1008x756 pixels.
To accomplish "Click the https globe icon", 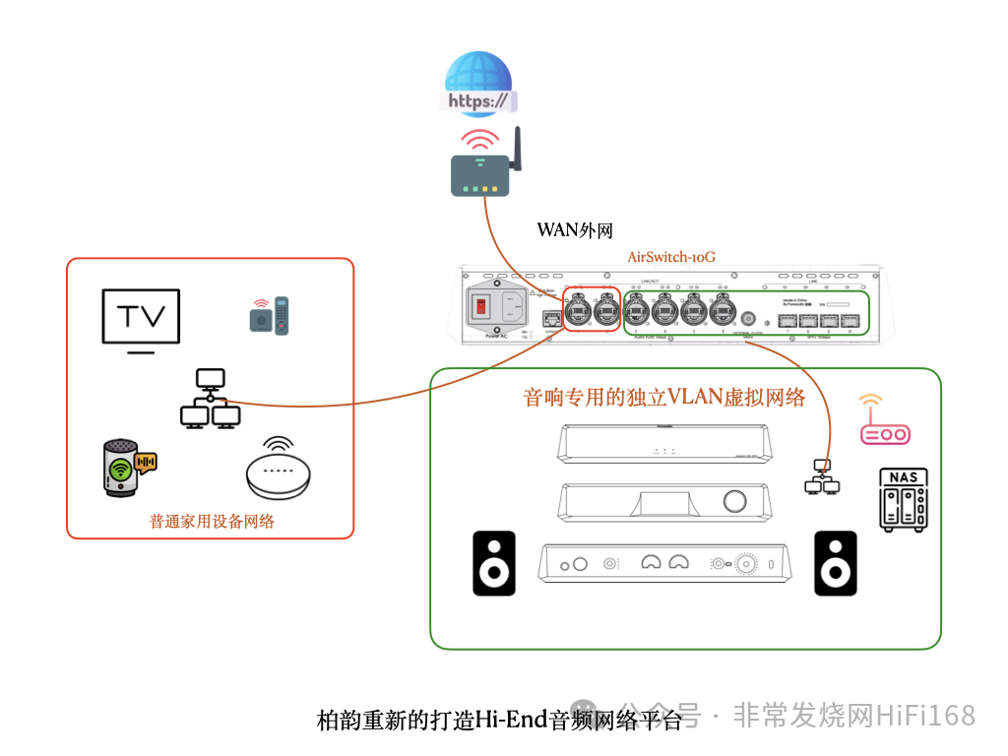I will point(479,84).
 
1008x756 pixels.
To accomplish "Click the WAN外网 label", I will point(575,230).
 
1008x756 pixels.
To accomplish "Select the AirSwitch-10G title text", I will point(671,257).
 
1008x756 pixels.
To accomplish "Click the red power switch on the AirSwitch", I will point(481,307).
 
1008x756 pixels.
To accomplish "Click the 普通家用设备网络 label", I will point(212,521).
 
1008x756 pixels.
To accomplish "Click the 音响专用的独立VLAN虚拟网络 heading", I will point(664,398).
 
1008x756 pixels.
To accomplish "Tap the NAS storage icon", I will point(904,499).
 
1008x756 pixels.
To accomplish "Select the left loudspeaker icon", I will point(494,563).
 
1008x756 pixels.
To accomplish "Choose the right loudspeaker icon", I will point(836,563).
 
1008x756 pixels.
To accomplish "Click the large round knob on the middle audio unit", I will point(734,501).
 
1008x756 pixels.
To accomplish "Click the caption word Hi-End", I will point(510,720).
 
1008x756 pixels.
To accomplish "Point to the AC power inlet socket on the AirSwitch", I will point(513,306).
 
